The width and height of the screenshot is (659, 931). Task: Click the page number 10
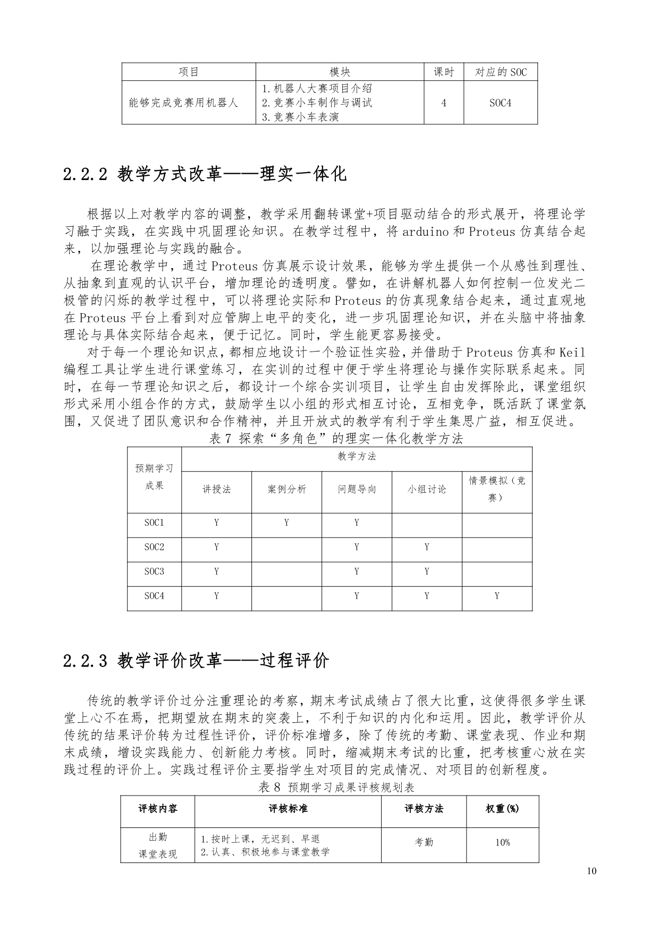click(x=593, y=871)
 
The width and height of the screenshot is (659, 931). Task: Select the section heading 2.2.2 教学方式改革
click(x=205, y=174)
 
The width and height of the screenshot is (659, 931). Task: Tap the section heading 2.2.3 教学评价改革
click(x=196, y=661)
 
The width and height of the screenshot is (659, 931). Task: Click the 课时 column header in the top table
click(x=444, y=72)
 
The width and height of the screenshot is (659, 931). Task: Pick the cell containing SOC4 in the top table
click(x=500, y=103)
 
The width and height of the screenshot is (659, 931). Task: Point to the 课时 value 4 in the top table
click(x=444, y=103)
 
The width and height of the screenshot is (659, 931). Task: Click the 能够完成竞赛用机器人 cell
click(x=183, y=103)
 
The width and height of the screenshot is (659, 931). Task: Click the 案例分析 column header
click(x=286, y=490)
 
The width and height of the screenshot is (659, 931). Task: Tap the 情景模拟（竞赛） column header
click(x=496, y=489)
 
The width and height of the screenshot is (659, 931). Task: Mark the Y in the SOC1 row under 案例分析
click(x=286, y=523)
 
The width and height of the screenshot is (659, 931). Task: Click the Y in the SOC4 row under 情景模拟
click(x=497, y=596)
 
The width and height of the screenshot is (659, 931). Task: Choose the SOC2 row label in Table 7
click(x=154, y=547)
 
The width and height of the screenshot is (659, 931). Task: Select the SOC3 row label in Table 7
click(x=154, y=571)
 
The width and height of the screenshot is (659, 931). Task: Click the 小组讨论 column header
click(x=427, y=490)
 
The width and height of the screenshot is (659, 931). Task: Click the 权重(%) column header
click(x=502, y=809)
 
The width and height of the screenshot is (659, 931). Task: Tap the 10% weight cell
click(x=502, y=842)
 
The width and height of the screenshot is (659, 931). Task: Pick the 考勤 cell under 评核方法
click(x=424, y=842)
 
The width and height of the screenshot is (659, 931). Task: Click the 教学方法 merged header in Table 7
click(x=357, y=456)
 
